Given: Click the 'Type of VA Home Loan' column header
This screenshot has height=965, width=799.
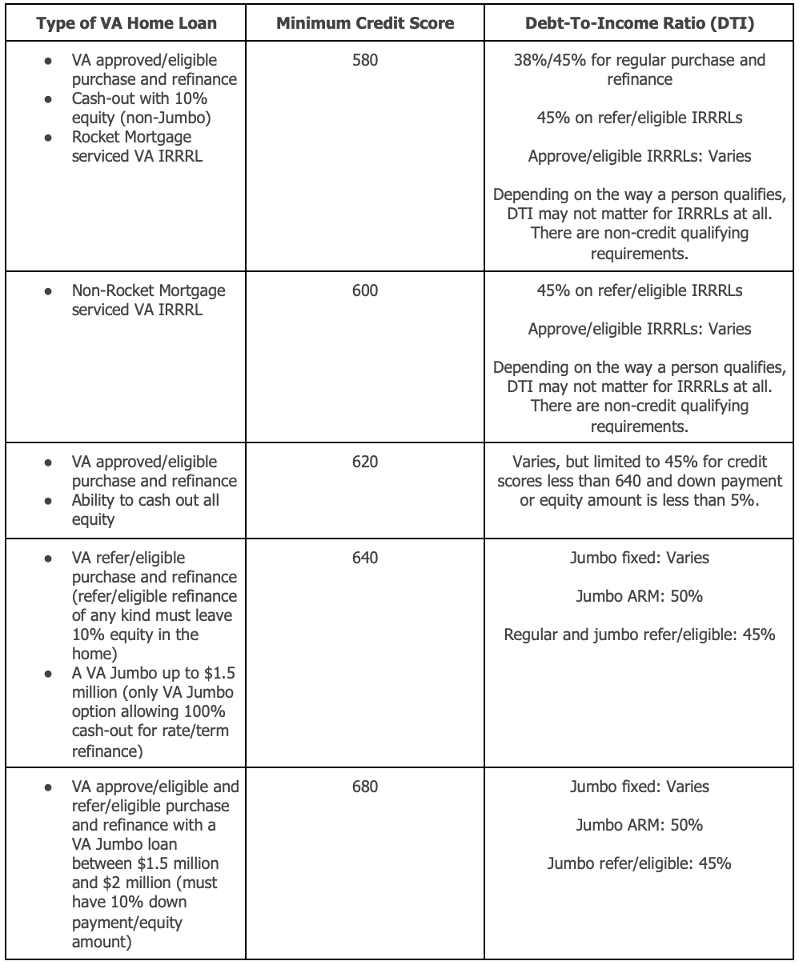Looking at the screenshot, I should (126, 22).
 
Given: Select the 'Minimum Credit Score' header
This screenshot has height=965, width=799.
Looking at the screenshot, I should (364, 22).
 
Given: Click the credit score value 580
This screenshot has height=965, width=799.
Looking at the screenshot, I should (364, 61).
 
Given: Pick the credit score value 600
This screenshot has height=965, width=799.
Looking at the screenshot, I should (364, 291).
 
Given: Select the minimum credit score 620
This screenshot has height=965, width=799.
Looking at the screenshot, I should (364, 462).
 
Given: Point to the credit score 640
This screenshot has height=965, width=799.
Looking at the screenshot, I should (364, 558).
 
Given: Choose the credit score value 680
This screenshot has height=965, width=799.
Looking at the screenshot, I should (364, 787).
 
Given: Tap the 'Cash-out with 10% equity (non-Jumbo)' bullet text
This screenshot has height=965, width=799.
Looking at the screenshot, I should (144, 108).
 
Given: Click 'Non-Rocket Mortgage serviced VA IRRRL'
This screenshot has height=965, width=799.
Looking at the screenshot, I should (148, 300).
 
